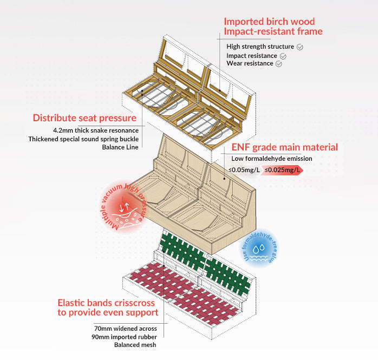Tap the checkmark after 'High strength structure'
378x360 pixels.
[x=300, y=47]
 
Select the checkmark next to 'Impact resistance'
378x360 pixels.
[x=283, y=56]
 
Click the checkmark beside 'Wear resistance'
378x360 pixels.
[x=279, y=64]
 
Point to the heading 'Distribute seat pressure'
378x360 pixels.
[x=84, y=118]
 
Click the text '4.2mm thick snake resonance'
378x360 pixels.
[x=96, y=130]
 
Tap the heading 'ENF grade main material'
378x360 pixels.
[x=284, y=147]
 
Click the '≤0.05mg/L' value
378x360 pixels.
[x=244, y=170]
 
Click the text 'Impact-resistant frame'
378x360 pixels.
[x=273, y=31]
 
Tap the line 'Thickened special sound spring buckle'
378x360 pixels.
[x=83, y=139]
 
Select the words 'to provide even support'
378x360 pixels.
[x=108, y=312]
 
